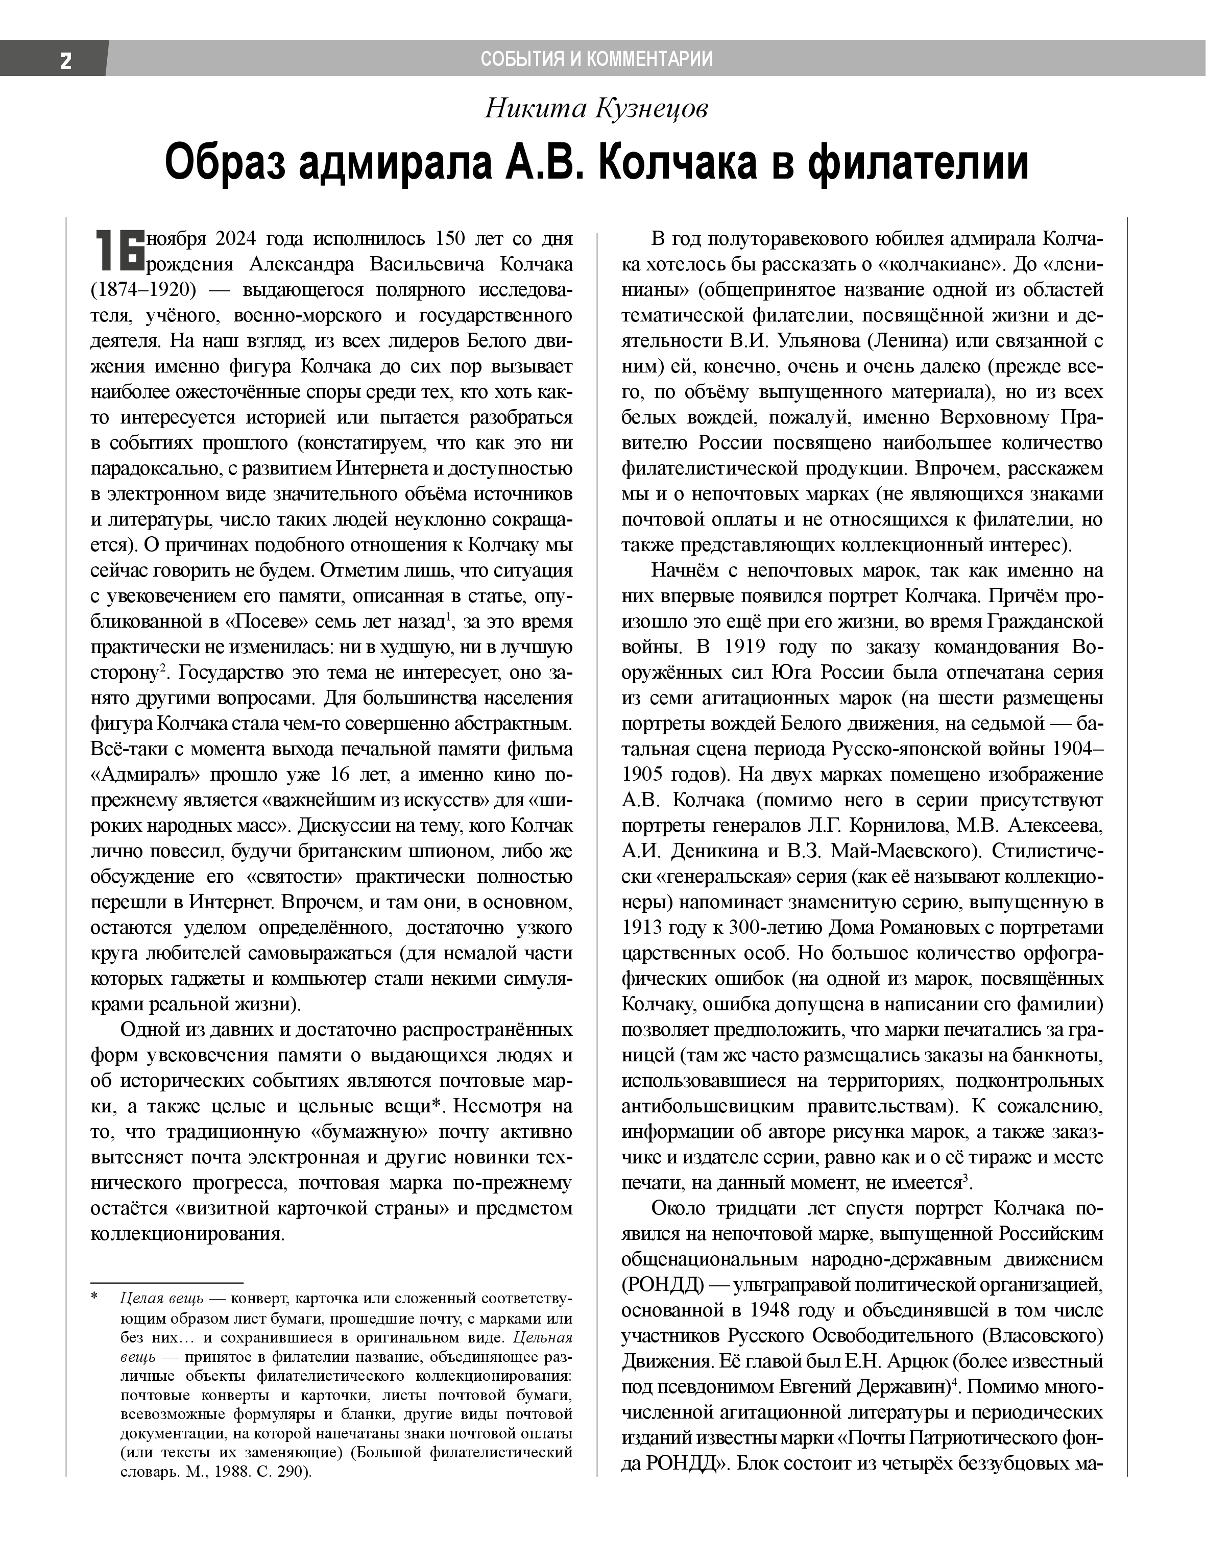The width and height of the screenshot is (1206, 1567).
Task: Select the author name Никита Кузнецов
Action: [x=596, y=109]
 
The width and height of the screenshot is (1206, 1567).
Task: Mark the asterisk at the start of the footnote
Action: [x=94, y=1298]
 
